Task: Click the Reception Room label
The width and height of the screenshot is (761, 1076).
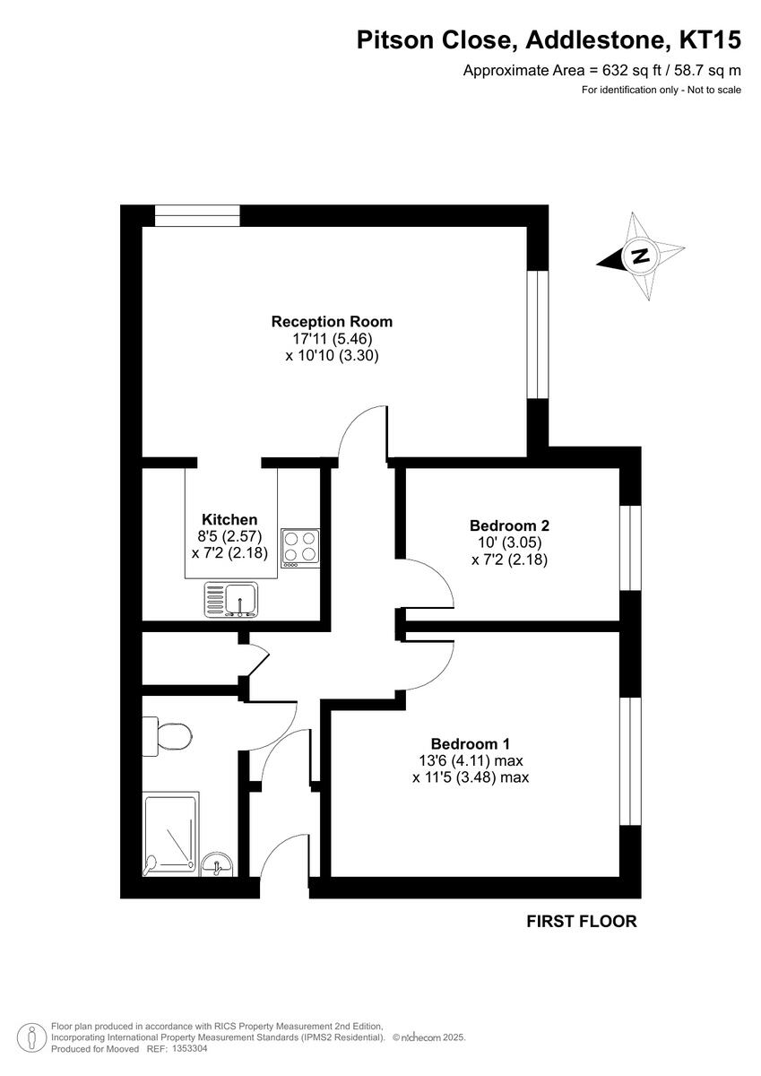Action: click(332, 321)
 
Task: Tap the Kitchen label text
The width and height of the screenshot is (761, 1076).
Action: click(229, 519)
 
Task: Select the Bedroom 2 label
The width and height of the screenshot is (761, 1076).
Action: click(509, 525)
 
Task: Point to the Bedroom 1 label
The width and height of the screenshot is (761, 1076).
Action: click(471, 743)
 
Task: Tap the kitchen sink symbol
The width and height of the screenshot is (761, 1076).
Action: click(231, 600)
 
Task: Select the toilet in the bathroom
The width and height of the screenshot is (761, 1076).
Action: click(169, 736)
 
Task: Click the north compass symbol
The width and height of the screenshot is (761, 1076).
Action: click(641, 256)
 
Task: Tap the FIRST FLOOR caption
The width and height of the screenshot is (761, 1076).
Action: click(581, 922)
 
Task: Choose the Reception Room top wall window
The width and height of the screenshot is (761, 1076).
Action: click(197, 215)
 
